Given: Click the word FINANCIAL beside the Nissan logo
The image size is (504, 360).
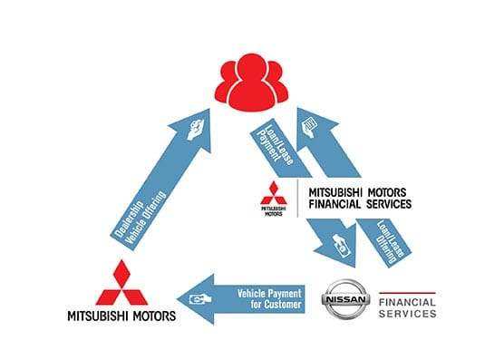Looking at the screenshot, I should [407, 298].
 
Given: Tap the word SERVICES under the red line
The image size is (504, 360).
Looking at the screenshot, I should [407, 314].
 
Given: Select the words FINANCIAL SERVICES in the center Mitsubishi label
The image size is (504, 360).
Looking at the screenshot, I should [360, 205].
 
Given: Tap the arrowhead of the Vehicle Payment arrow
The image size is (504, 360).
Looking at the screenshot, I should [193, 298].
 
